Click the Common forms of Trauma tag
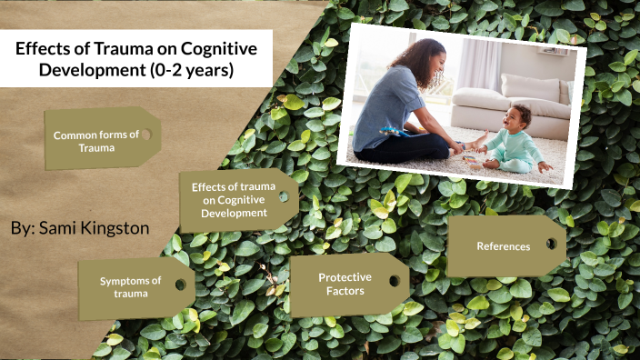96,140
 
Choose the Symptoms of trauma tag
131,287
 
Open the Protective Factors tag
341,284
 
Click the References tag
503,246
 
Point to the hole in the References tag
550,244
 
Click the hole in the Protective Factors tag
394,280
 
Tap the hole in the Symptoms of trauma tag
180,285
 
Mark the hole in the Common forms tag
145,135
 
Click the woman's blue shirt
381,109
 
